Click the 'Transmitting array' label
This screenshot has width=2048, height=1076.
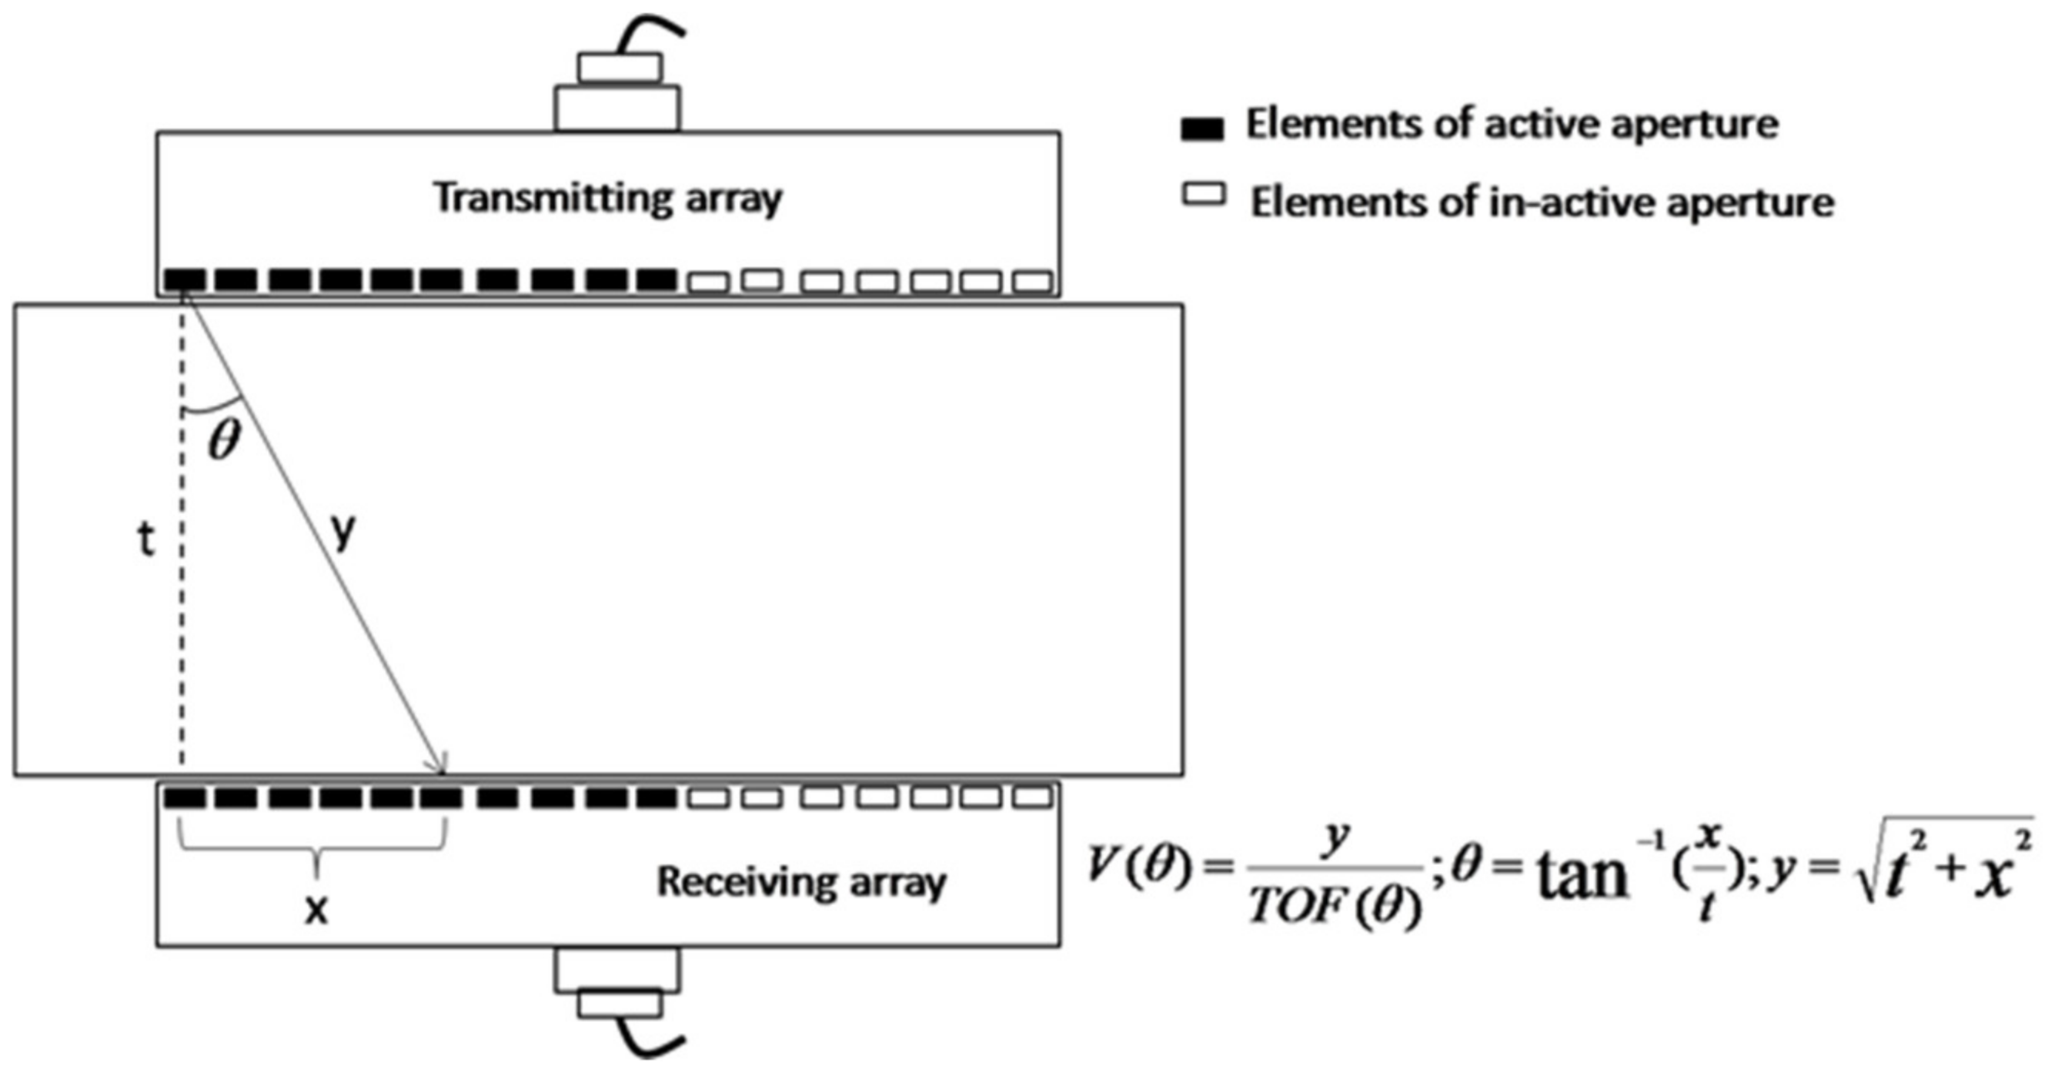(x=608, y=198)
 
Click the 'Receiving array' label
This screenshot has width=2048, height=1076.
(x=801, y=881)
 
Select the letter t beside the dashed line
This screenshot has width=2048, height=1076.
(x=145, y=541)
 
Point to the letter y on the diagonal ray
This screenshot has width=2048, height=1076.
(x=343, y=530)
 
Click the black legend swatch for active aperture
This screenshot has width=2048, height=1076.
(x=1202, y=129)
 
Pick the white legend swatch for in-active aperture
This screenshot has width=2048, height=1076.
(x=1204, y=195)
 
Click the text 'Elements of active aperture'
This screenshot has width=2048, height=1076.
(x=1512, y=125)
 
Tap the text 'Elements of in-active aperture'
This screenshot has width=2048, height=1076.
(x=1542, y=202)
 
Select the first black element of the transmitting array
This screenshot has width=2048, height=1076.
(x=185, y=280)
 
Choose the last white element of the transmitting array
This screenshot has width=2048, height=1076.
(x=1034, y=282)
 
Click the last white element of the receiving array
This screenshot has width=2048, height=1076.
(x=1034, y=797)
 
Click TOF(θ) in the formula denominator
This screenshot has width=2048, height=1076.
(x=1334, y=907)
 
